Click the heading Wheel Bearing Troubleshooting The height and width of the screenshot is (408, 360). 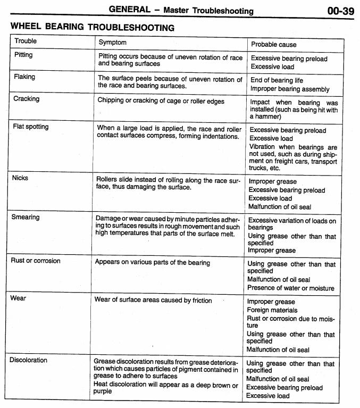click(92, 27)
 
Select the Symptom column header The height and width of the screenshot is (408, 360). click(112, 42)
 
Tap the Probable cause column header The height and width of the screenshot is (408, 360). click(273, 44)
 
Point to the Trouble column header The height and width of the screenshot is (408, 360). click(26, 41)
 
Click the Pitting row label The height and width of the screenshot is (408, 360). click(23, 55)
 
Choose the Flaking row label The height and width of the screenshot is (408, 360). click(24, 77)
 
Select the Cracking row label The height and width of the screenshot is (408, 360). click(26, 99)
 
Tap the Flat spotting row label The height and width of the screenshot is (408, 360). click(30, 127)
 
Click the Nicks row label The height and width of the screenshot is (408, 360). click(20, 178)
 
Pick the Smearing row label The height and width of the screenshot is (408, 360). click(26, 217)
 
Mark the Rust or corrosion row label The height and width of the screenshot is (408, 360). click(36, 261)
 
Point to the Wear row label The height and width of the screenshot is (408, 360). click(18, 298)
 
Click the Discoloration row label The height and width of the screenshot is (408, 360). click(28, 360)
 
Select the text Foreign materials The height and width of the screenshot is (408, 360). click(272, 310)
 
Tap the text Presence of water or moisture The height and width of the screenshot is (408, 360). click(290, 288)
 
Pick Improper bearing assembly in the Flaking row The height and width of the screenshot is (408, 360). click(290, 89)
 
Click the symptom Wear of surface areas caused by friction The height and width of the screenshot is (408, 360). click(153, 300)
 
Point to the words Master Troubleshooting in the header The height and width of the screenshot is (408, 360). click(208, 11)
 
